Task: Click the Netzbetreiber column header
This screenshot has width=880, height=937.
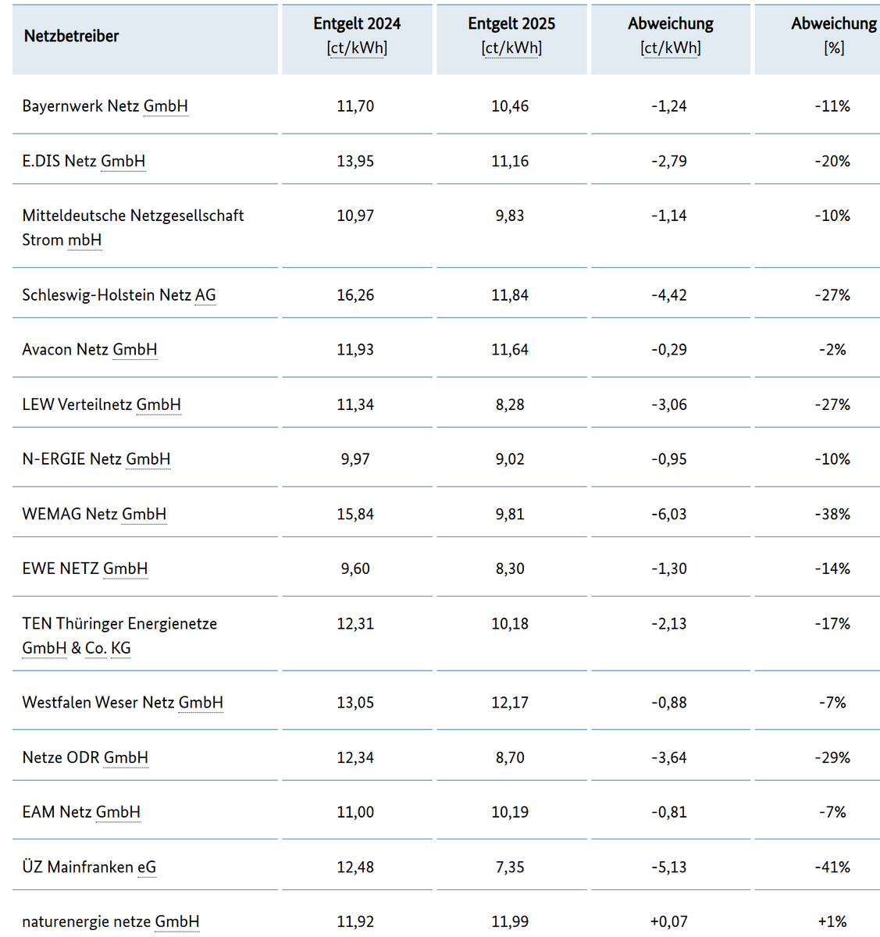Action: tap(71, 36)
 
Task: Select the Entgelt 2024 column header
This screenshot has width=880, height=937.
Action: tap(357, 36)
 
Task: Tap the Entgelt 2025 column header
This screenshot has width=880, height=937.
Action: tap(511, 36)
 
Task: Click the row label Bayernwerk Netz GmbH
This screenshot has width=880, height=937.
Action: tap(105, 106)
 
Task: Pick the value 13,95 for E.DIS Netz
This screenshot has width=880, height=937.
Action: tap(355, 161)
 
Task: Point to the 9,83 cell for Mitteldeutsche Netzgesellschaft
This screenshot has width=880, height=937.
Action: tap(510, 216)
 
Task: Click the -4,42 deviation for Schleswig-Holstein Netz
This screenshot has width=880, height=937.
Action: tap(669, 295)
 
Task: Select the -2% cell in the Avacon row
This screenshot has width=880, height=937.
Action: tap(832, 350)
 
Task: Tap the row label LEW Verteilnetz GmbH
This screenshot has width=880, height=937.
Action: tap(102, 404)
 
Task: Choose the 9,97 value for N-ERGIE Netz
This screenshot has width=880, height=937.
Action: tap(355, 459)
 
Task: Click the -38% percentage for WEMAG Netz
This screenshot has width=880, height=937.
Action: tap(832, 514)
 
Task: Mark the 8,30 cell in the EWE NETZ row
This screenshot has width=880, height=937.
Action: tap(510, 568)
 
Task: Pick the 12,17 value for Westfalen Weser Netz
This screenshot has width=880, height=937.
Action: tap(510, 703)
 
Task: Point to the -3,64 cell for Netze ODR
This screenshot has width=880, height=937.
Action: tap(669, 757)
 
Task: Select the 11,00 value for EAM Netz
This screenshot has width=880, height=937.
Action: tap(355, 812)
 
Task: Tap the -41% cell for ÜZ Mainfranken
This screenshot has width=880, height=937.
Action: tap(832, 867)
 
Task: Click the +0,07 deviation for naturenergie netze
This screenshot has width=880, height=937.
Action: tap(669, 921)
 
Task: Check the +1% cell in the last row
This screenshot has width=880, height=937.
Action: tap(832, 921)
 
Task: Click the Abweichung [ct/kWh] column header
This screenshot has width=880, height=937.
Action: tap(671, 36)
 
